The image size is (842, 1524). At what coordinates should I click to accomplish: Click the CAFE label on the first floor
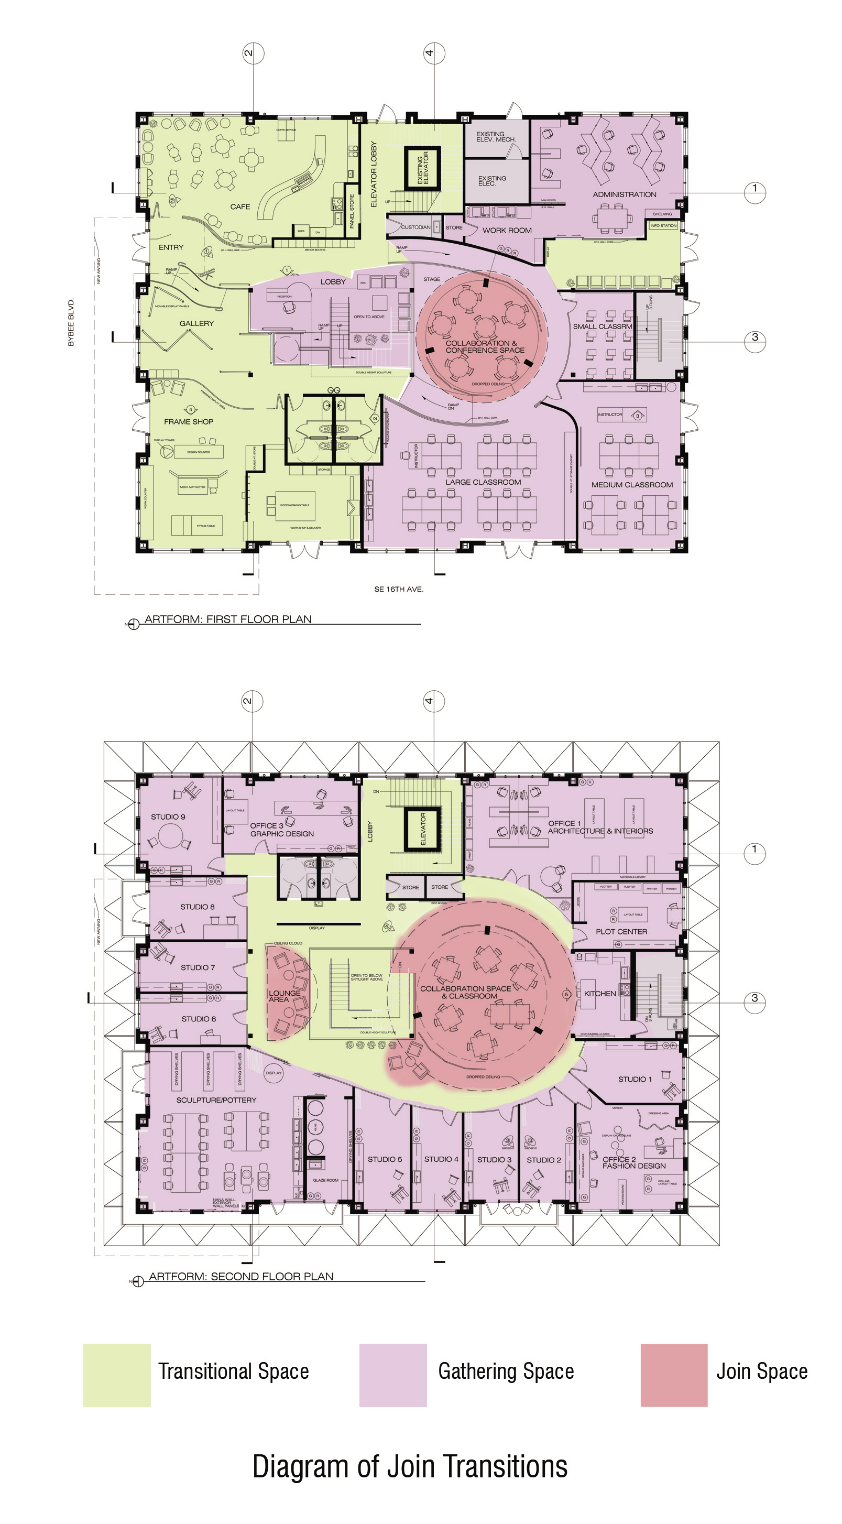240,206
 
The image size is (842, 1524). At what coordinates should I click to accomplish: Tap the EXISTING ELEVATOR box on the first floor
423,168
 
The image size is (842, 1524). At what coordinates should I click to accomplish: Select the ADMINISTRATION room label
625,194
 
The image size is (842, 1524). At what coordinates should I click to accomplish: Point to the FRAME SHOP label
189,422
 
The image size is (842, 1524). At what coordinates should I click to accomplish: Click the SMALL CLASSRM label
602,326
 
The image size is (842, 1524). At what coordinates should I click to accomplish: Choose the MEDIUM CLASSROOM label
631,485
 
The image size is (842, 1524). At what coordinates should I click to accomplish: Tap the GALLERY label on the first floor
196,323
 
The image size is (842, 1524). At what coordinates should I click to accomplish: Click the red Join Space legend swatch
673,1375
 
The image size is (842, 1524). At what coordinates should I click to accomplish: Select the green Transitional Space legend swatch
117,1375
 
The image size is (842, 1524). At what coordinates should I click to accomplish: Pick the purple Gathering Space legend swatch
392,1375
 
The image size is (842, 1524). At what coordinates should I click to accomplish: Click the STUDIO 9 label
168,817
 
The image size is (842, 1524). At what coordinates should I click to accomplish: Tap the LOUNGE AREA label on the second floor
284,996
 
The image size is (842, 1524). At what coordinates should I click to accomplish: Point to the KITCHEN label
599,994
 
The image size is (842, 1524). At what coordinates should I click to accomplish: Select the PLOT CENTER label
621,931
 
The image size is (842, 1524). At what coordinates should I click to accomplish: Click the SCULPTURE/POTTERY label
216,1101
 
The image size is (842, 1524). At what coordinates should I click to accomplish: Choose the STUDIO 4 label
441,1159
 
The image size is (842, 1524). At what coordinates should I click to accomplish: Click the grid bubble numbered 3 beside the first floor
754,338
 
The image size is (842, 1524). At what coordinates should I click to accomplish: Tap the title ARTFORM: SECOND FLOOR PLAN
240,1277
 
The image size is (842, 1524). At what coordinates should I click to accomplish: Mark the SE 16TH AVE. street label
399,589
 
